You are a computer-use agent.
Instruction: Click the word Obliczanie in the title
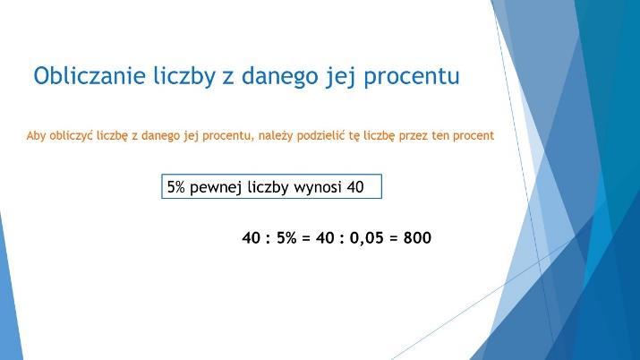point(90,76)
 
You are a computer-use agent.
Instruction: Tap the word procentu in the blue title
point(412,77)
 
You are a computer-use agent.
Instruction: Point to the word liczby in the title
point(184,77)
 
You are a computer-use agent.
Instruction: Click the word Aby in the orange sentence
point(37,135)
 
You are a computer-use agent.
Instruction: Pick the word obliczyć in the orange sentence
point(72,135)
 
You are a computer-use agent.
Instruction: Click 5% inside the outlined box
point(176,187)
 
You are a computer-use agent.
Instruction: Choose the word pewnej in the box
point(217,188)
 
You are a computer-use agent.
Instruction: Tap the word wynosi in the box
point(318,187)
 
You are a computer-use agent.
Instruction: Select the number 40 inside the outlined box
point(355,187)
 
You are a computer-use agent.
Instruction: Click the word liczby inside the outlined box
point(269,188)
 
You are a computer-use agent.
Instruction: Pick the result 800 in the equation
point(417,237)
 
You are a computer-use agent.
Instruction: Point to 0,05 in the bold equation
point(366,238)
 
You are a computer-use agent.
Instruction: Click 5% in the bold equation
point(286,237)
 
